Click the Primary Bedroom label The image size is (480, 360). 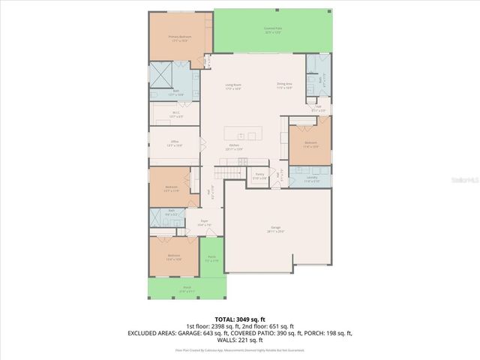point(178,37)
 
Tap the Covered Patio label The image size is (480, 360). point(271,30)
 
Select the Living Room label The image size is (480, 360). point(233,86)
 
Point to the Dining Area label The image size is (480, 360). point(283,85)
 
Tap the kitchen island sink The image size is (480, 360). point(253,136)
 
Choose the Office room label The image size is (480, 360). point(174,142)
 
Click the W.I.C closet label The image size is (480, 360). point(174,115)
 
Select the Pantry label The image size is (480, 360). point(259,175)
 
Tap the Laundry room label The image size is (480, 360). point(310,178)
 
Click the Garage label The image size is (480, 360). point(276,229)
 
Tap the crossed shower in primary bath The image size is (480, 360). point(161,75)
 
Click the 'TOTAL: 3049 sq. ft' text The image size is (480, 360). point(239,318)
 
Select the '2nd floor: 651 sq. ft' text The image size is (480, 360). point(281,325)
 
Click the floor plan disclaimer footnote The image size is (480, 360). point(239,349)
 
